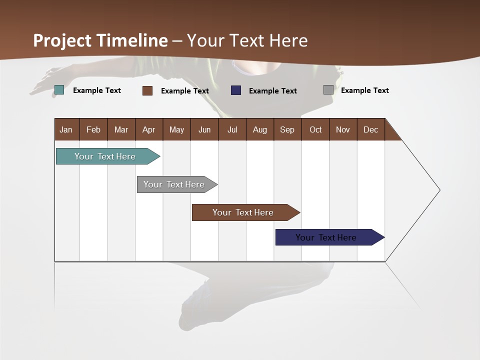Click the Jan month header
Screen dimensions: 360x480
66,129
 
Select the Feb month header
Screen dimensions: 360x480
93,129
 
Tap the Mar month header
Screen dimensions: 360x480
121,129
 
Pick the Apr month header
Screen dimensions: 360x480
148,129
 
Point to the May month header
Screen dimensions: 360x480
176,129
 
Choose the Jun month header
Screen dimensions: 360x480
204,129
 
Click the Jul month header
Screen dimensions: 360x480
232,129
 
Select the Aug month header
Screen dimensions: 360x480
259,129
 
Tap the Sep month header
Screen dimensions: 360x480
287,129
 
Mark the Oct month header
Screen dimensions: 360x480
315,129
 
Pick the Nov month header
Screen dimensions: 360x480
343,129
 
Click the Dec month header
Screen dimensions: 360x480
370,129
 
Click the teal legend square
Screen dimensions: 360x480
59,90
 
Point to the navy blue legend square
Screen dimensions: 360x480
236,90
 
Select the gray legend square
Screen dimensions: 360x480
328,90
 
